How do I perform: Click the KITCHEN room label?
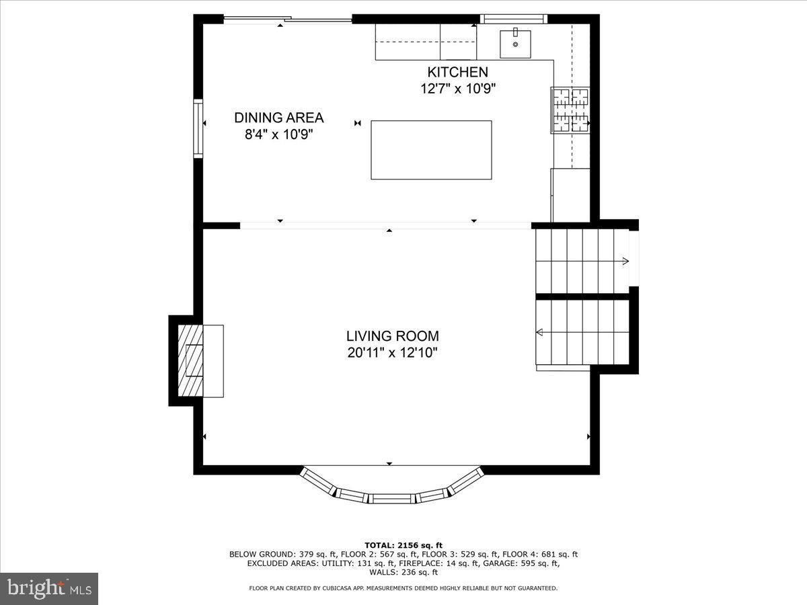(457, 72)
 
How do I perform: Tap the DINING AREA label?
(278, 118)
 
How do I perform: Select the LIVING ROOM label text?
(392, 335)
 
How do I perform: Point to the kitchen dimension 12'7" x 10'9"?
(458, 89)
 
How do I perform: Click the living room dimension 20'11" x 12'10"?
(392, 352)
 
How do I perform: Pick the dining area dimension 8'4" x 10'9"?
(278, 134)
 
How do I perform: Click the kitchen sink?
(515, 44)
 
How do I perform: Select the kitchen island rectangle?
(431, 150)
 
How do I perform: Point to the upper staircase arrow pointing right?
(625, 261)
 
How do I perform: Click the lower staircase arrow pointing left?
(540, 331)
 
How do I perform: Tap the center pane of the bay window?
(392, 498)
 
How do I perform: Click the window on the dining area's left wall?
(198, 128)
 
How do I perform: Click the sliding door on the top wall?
(287, 19)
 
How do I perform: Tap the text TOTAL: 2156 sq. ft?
(403, 545)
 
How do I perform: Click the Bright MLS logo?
(49, 589)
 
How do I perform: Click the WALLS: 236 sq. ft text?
(403, 572)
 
